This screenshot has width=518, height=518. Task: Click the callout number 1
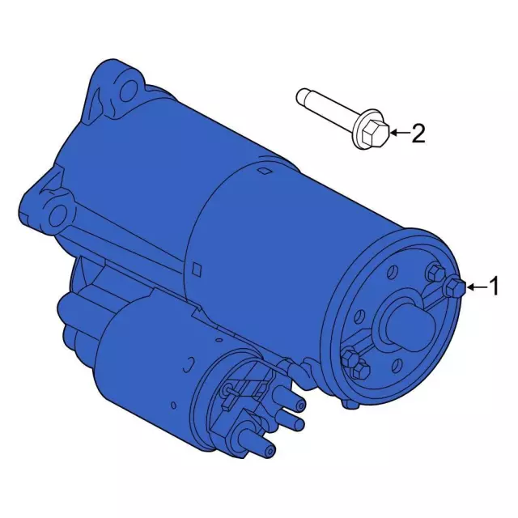click(494, 287)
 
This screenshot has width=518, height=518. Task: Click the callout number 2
click(418, 133)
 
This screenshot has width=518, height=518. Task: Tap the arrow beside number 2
click(400, 133)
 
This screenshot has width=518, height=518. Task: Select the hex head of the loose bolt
click(376, 134)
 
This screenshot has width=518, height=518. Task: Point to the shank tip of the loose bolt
click(301, 96)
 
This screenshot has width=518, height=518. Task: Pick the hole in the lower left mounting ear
click(57, 214)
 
